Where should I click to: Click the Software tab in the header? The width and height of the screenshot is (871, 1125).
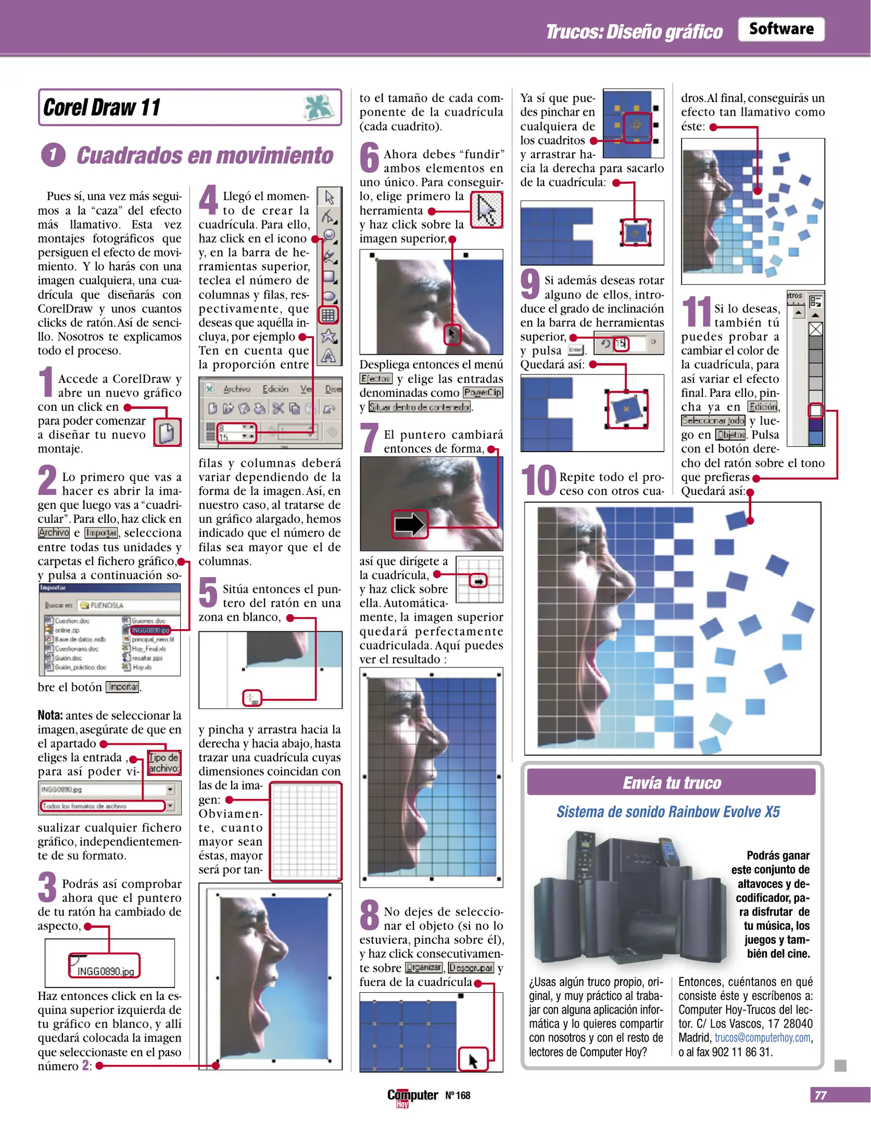point(780,29)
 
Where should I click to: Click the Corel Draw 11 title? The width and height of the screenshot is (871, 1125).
point(102,107)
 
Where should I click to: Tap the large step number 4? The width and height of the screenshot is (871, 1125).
point(208,199)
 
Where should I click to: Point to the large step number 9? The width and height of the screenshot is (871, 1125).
point(530,284)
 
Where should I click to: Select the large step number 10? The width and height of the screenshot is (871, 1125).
point(539,480)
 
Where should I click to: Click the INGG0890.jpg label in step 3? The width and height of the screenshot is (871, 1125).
point(105,971)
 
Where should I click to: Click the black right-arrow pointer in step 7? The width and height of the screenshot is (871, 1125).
point(409,524)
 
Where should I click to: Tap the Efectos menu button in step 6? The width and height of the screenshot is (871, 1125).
point(375,379)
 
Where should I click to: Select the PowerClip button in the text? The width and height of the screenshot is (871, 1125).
point(483,393)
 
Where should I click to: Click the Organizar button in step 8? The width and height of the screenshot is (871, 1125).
point(424,968)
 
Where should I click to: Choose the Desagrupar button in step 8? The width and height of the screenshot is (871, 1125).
point(471,968)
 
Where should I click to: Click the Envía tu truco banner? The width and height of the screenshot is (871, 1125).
point(671,783)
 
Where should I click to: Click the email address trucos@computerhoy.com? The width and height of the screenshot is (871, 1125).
point(762,1037)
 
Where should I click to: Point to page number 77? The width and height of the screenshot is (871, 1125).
point(820,1095)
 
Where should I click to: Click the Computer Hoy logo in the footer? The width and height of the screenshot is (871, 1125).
point(412,1096)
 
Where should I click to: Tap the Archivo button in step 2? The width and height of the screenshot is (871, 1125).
point(54,532)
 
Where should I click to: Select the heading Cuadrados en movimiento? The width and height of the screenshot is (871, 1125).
point(205,155)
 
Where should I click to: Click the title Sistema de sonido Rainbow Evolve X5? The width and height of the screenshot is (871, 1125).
point(668,812)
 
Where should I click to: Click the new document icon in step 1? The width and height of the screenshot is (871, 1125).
point(167,432)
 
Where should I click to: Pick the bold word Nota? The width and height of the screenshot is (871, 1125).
point(50,715)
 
